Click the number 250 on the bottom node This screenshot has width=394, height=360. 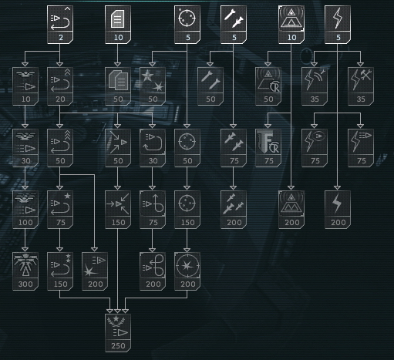coord(118,345)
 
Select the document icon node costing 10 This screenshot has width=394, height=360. coord(118,25)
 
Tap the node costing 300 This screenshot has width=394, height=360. coord(25,271)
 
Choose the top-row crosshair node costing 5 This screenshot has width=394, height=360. coord(187,25)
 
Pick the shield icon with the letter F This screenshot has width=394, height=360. coord(268,142)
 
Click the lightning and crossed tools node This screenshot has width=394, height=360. coord(361,86)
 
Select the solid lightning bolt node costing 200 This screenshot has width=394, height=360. coord(338,210)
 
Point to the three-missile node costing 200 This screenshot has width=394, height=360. coord(234,210)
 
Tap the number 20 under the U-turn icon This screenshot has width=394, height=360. coord(60,99)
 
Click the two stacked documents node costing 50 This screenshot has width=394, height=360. coord(118,86)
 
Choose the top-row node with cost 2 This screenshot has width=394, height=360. coord(60,25)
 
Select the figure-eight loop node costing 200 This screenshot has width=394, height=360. coord(153,271)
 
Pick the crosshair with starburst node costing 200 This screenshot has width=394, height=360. coord(187,271)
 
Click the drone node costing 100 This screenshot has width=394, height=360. coord(25,210)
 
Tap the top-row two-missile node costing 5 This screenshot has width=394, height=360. coord(234,25)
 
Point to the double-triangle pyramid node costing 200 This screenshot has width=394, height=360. coord(291,210)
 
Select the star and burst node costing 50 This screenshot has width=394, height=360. coord(153,86)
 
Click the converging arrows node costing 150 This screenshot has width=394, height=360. coord(118,210)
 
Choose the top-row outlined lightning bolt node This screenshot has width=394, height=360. coord(338,25)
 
